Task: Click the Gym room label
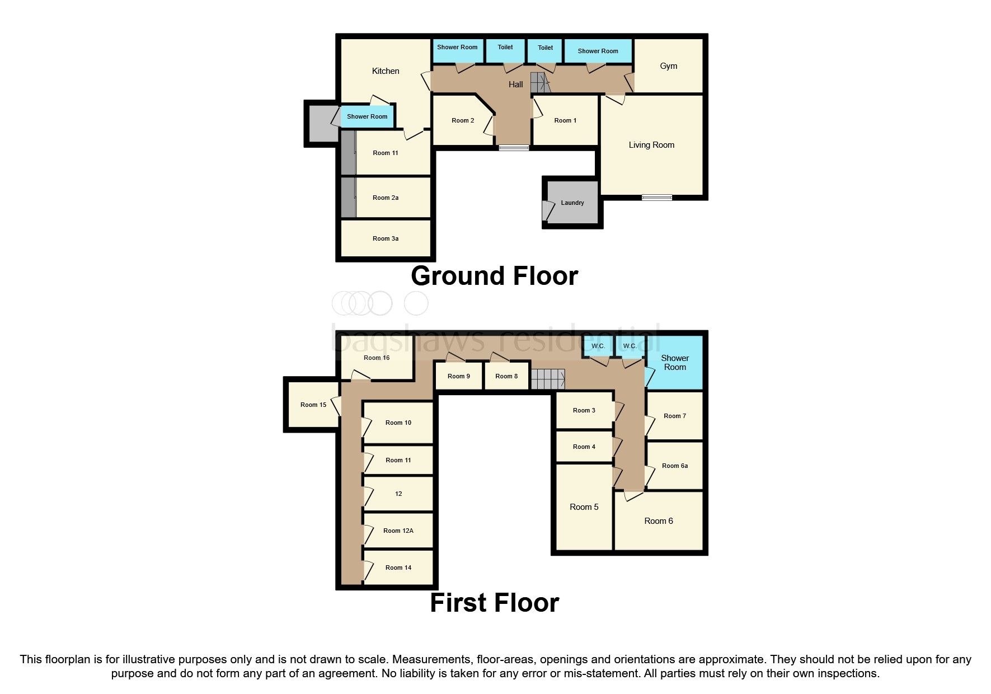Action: tap(668, 66)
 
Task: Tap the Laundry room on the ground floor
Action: tap(572, 203)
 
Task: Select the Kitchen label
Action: tap(386, 71)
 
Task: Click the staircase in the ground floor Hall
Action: tap(540, 83)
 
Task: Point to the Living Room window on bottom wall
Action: tap(656, 197)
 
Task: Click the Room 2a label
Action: tap(386, 198)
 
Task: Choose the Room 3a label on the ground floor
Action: tap(386, 238)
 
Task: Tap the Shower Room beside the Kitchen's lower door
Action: tap(367, 116)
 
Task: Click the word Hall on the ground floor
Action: tap(515, 85)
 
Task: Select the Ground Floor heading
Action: tap(494, 276)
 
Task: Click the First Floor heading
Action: tap(494, 603)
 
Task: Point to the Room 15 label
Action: tap(313, 405)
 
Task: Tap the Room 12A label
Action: tap(398, 531)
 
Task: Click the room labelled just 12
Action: tap(398, 494)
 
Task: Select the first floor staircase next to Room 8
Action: tap(547, 379)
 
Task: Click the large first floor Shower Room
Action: tap(674, 363)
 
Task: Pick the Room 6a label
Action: tap(674, 466)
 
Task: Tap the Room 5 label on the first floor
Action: tap(584, 507)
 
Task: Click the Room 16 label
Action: tap(376, 358)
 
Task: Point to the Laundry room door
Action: tap(546, 210)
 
